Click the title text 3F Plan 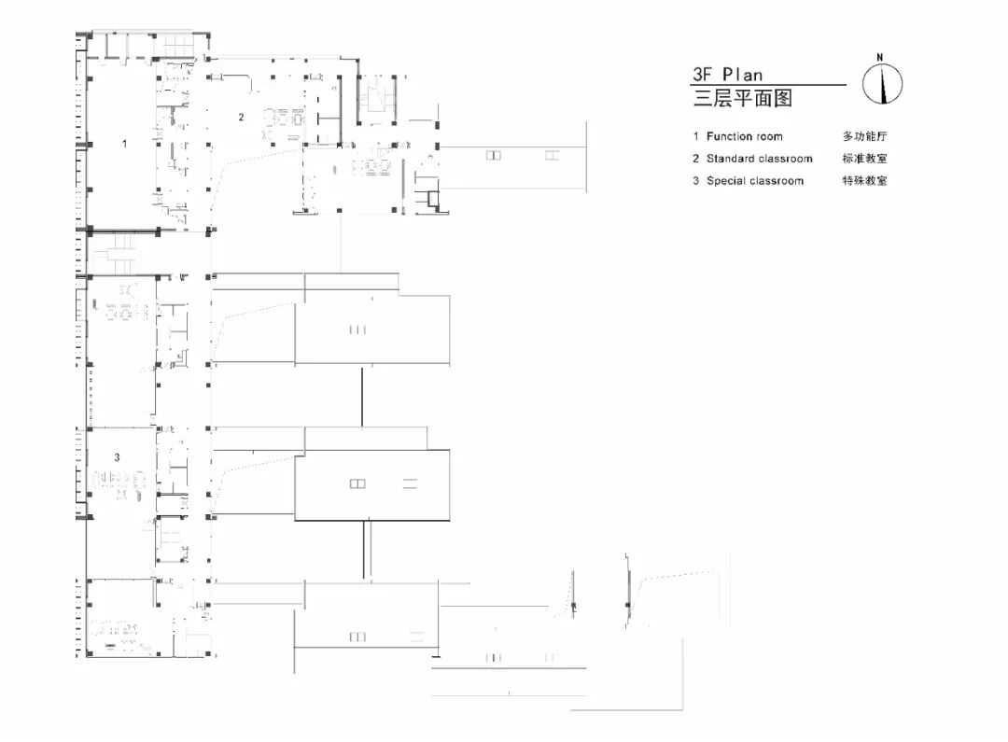click(x=727, y=75)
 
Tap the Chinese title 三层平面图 click(x=742, y=98)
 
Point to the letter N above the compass click(x=880, y=58)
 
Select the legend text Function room click(x=744, y=136)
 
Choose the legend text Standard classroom click(x=759, y=159)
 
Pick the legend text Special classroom click(x=754, y=181)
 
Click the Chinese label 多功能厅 click(x=864, y=136)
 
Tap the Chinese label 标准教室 click(x=864, y=159)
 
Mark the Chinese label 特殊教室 click(x=864, y=181)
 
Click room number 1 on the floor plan click(x=124, y=144)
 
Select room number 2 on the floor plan click(x=241, y=118)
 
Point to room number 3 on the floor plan click(x=117, y=457)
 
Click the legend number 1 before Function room click(x=695, y=136)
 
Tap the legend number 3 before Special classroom click(x=695, y=181)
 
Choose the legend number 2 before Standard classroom click(x=695, y=159)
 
